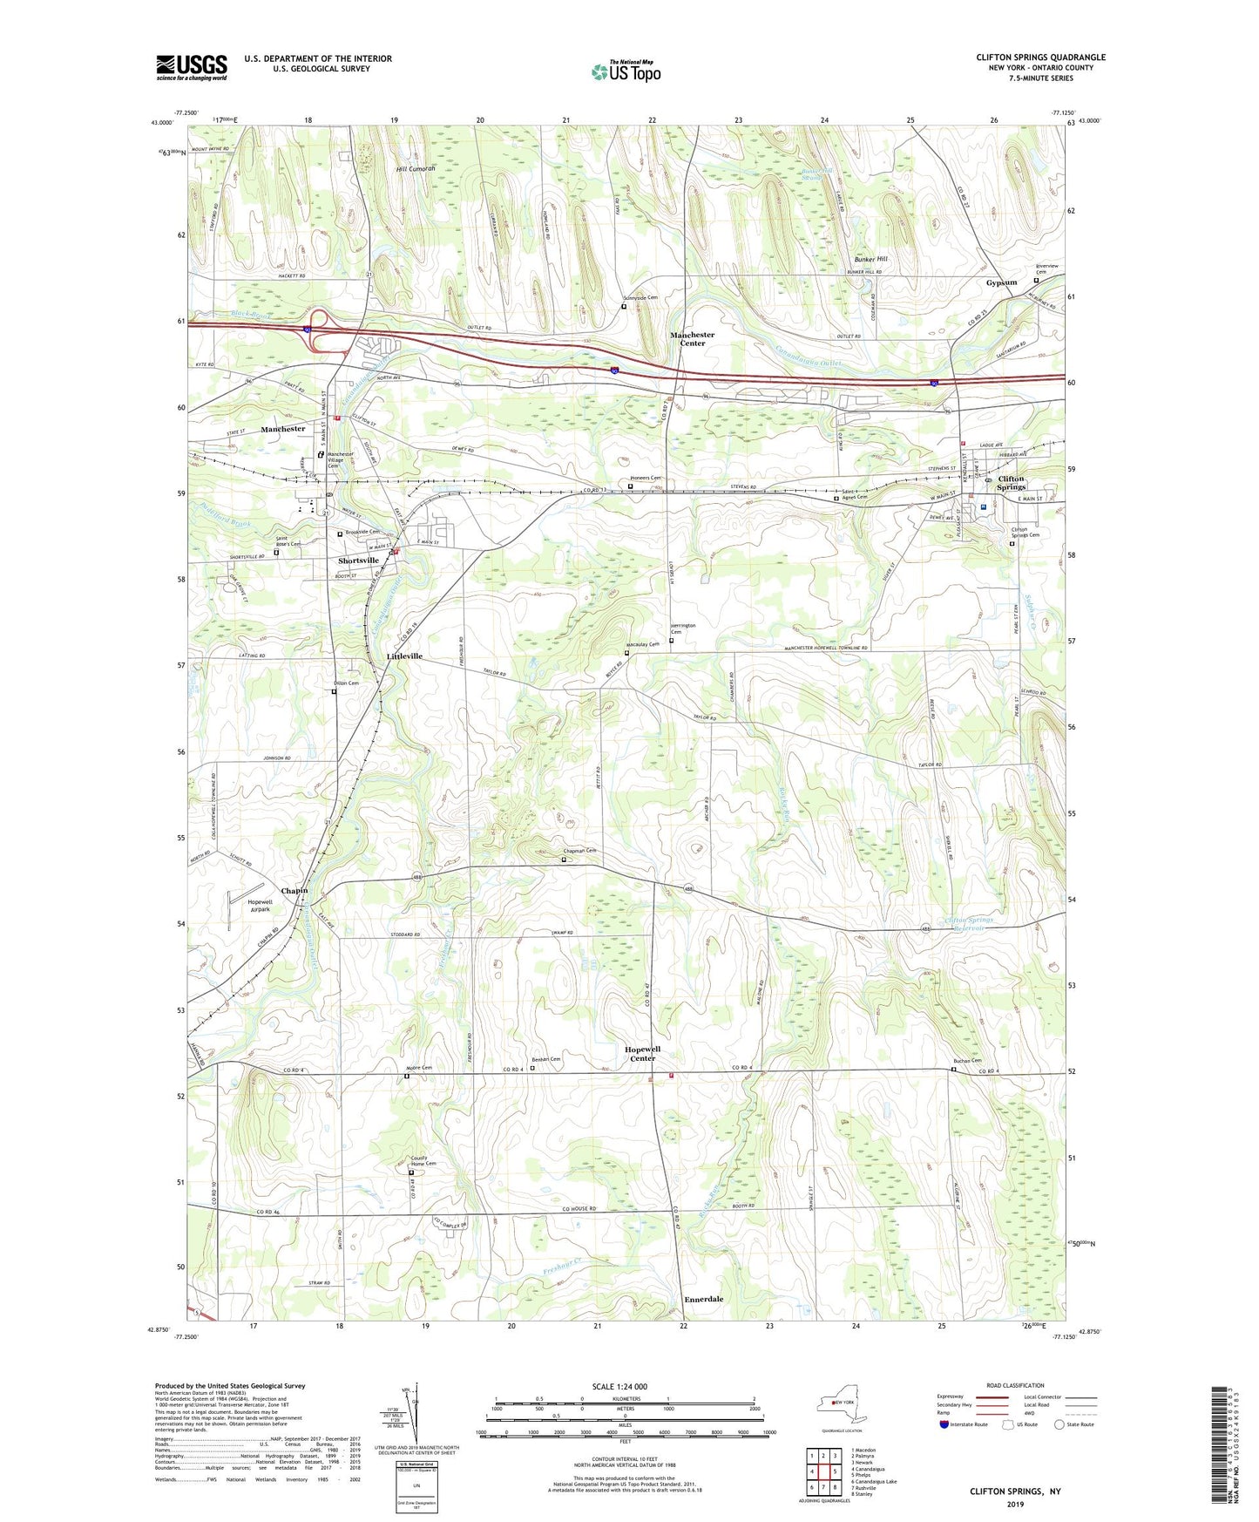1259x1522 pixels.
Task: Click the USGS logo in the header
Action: pos(192,67)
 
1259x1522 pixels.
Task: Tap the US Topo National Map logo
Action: pos(626,71)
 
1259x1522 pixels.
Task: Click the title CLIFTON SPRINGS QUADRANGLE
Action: pos(1040,58)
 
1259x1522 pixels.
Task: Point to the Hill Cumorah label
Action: pos(416,168)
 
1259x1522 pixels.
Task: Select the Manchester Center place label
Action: pos(692,339)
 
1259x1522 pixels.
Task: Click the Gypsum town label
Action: pos(1001,282)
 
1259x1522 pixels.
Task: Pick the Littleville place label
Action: pos(404,656)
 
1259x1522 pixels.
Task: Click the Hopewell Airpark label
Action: pos(260,906)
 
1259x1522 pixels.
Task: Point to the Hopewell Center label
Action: pos(642,1054)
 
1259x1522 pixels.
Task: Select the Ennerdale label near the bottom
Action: pos(703,1299)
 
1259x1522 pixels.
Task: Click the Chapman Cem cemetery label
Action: pos(579,851)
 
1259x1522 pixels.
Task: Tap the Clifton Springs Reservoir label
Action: pos(969,924)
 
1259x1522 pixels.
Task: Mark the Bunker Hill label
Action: pos(870,260)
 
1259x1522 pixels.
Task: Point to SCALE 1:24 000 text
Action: pos(619,1386)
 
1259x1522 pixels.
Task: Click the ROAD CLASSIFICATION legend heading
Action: pos(1015,1385)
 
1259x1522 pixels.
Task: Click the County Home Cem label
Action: pos(423,1161)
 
